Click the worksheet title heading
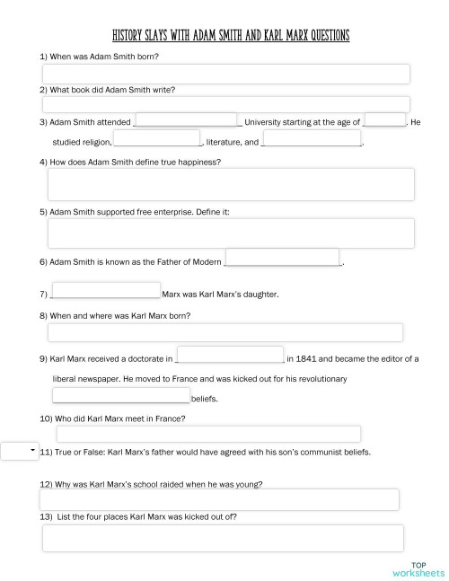231,36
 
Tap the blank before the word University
186,120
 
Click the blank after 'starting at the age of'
384,120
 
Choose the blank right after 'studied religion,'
156,139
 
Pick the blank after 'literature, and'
312,139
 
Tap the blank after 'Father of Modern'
282,258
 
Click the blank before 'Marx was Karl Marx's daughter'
106,291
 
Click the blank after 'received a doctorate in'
231,355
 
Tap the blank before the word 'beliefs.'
121,396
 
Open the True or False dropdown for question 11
19,450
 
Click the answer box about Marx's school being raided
220,500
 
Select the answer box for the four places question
220,539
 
